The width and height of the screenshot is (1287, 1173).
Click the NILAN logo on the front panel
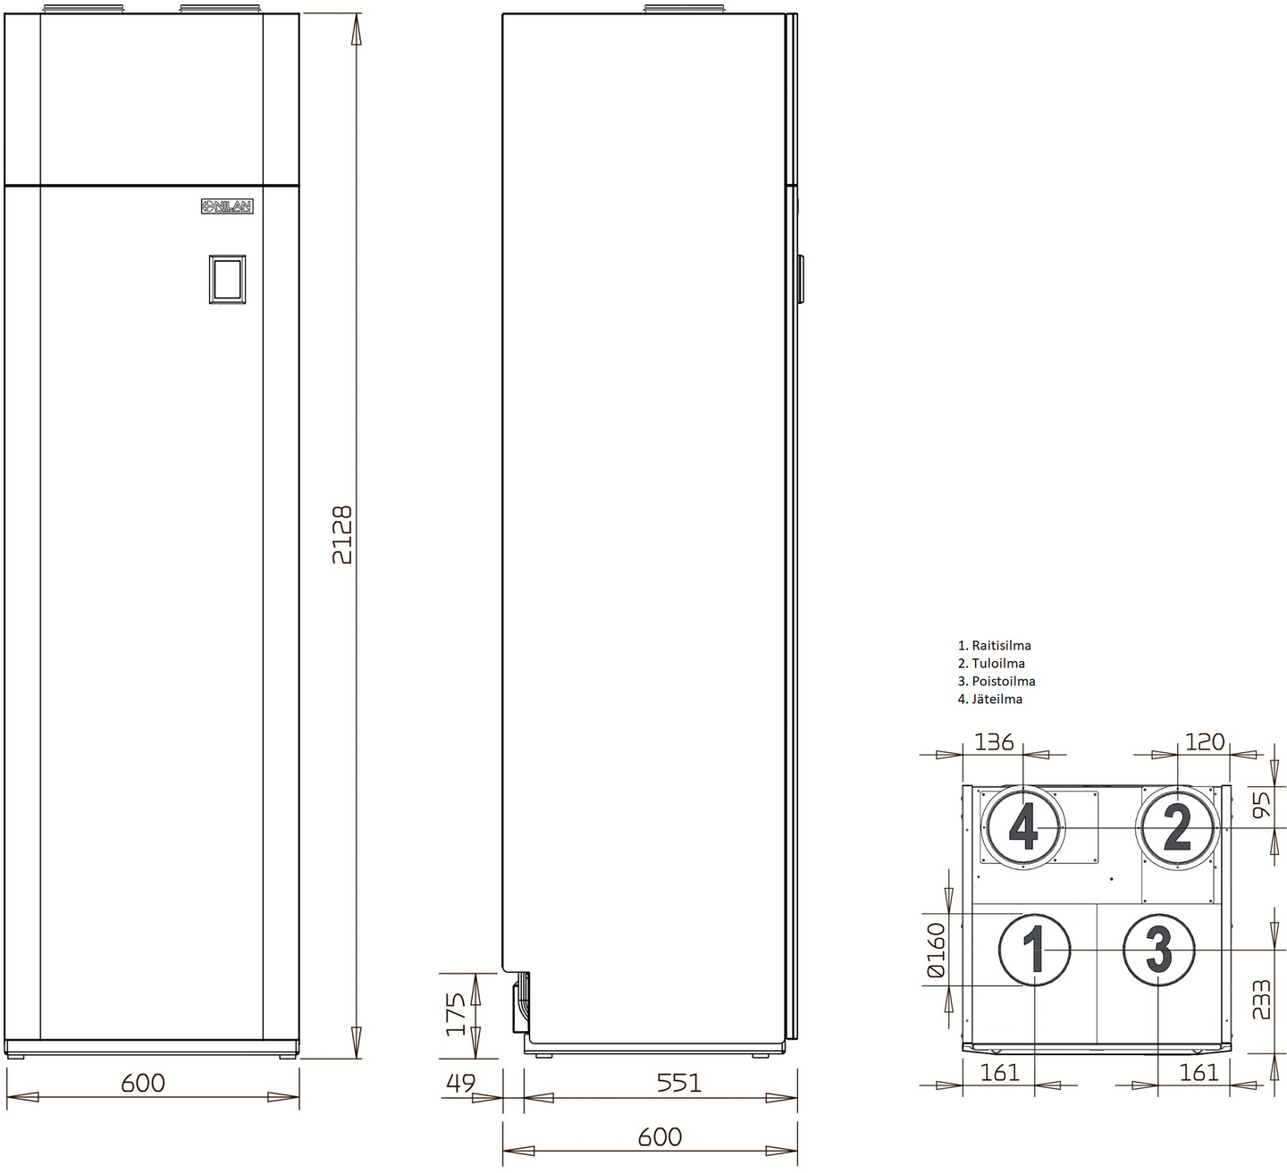(x=227, y=205)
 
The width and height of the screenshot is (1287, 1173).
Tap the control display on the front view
(x=227, y=279)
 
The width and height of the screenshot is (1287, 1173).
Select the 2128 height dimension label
(x=342, y=535)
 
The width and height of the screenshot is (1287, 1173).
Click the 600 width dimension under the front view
(x=143, y=1083)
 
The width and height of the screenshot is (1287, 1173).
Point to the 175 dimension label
(x=456, y=1014)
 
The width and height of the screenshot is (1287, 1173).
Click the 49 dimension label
(x=460, y=1083)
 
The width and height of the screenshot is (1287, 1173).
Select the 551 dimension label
(x=678, y=1083)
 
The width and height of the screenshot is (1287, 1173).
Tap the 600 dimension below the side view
(x=660, y=1137)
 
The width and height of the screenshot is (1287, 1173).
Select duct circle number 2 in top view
(x=1177, y=828)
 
